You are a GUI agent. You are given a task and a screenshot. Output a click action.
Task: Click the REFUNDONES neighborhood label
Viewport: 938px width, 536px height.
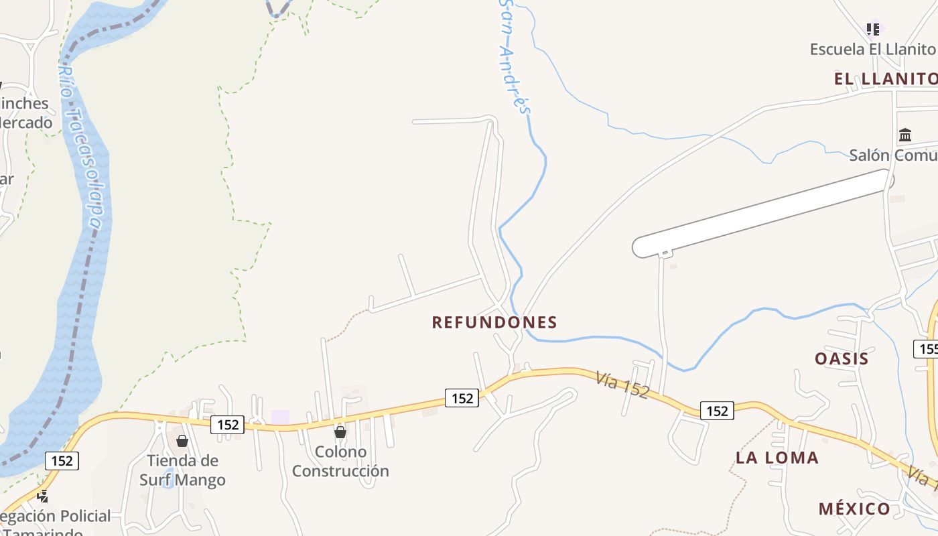click(x=494, y=322)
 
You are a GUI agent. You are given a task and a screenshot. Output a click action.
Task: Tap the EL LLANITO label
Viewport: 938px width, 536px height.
click(x=884, y=79)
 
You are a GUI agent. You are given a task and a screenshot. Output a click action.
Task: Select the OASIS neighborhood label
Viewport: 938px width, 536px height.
click(x=842, y=358)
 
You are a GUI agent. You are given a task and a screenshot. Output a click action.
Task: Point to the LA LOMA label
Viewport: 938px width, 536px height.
click(x=777, y=458)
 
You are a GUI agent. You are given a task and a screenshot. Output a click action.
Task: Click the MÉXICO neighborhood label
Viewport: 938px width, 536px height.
click(x=854, y=509)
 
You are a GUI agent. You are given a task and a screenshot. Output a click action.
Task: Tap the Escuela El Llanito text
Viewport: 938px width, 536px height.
click(x=872, y=49)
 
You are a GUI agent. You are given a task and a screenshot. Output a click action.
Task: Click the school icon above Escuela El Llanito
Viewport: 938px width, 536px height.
click(x=872, y=29)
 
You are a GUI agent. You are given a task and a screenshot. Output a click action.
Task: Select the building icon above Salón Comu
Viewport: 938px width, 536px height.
click(x=905, y=135)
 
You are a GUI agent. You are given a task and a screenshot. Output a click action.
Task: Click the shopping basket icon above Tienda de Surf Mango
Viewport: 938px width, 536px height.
click(x=182, y=441)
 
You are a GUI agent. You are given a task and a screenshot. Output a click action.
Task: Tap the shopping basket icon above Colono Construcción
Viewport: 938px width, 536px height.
click(x=340, y=432)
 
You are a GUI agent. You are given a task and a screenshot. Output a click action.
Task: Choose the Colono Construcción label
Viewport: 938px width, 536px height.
click(x=340, y=461)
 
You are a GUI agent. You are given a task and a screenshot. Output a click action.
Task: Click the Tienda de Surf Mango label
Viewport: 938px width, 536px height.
click(x=182, y=470)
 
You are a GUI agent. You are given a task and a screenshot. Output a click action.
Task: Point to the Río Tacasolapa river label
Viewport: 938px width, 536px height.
click(x=83, y=147)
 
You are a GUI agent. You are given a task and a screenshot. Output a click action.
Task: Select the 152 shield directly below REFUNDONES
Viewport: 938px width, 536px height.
click(x=462, y=398)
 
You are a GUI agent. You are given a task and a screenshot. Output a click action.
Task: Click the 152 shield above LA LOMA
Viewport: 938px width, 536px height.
click(x=717, y=411)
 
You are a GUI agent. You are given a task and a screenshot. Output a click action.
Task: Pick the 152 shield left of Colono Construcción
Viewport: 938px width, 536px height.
click(x=228, y=424)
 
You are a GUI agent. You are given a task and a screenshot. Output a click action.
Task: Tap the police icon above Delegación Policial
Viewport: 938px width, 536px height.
click(x=43, y=496)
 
